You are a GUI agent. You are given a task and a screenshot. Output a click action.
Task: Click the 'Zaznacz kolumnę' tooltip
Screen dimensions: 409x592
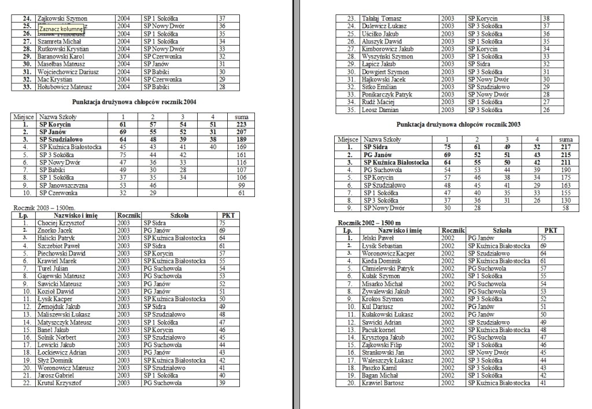60,29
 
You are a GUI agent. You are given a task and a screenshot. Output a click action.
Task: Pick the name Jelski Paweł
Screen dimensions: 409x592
377,237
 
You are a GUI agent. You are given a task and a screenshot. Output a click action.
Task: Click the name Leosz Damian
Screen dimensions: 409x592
379,110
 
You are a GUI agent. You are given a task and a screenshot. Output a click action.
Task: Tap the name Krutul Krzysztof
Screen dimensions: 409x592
60,382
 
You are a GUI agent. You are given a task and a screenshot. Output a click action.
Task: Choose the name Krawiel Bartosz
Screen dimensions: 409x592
383,383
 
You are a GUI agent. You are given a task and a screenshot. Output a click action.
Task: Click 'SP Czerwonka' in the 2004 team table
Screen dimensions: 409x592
59,193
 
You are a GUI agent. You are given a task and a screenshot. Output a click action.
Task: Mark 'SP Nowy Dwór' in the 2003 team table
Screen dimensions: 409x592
383,208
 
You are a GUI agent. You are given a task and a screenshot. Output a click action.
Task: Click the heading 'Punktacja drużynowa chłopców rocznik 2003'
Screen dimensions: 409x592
459,125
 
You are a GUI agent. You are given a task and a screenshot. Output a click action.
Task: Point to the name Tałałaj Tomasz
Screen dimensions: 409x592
381,19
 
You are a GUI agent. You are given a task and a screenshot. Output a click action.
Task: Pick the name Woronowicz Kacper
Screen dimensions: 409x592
388,253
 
